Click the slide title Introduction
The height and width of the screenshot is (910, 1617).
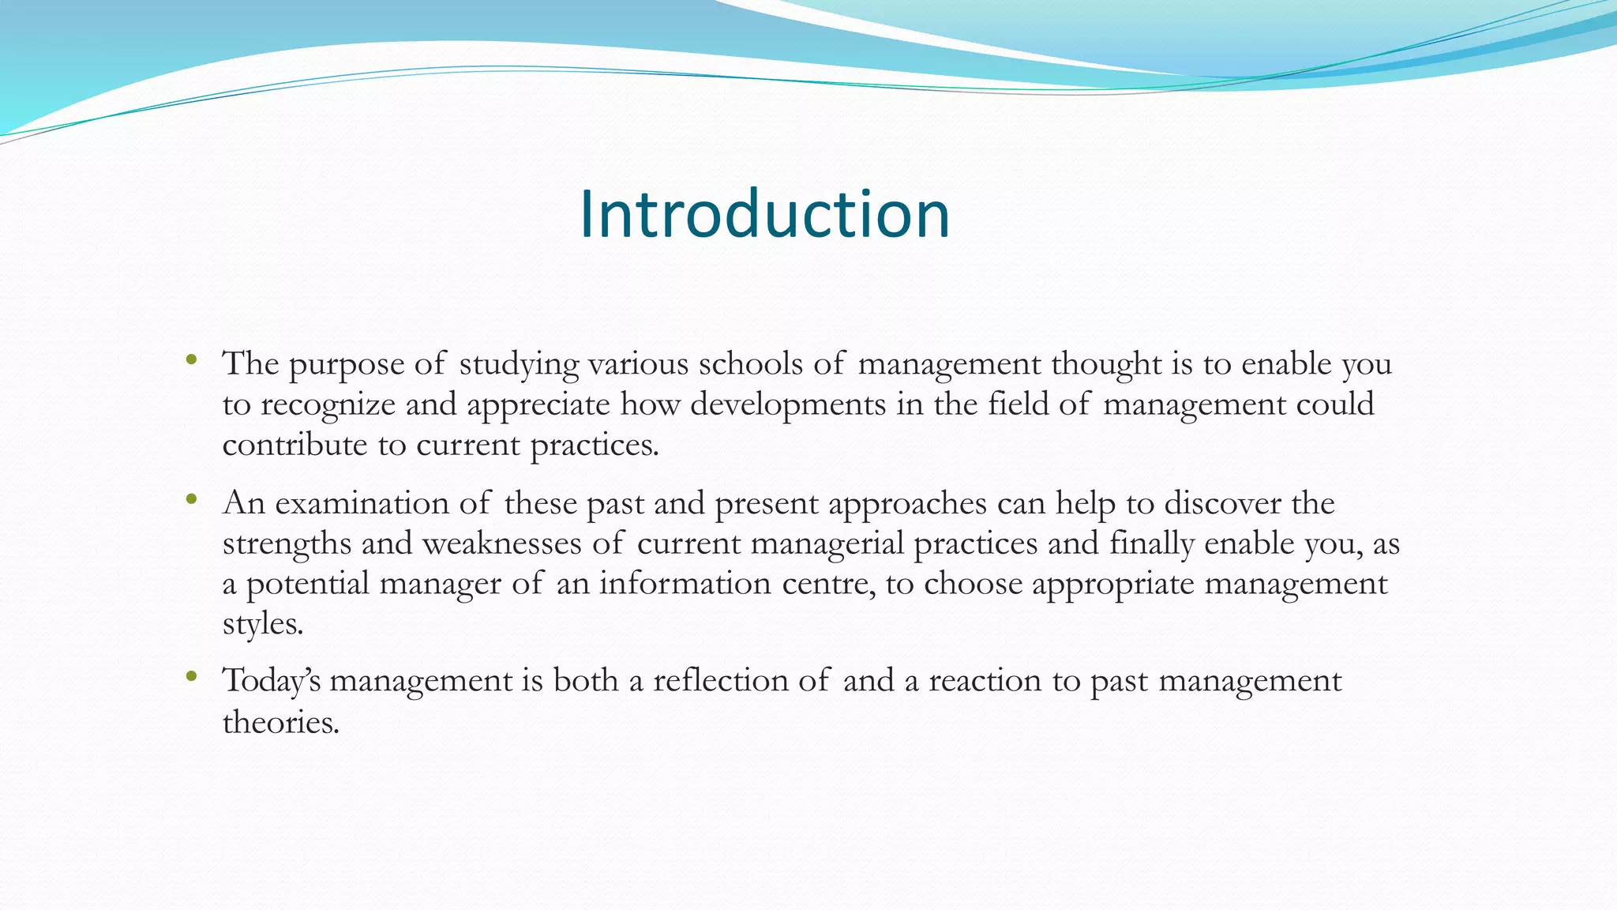point(764,214)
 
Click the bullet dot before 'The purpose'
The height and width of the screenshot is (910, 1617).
point(191,361)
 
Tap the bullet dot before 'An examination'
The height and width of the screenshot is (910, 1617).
point(191,499)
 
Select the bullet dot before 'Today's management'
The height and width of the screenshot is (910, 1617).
point(191,676)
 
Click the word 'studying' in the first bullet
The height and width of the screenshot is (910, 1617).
point(519,365)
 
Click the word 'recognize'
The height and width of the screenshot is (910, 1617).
point(328,405)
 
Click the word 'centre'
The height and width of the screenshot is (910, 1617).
point(827,584)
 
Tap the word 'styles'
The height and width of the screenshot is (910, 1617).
point(261,624)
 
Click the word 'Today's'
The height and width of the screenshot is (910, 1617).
point(271,681)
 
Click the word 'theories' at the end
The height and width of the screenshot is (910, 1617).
point(280,722)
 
